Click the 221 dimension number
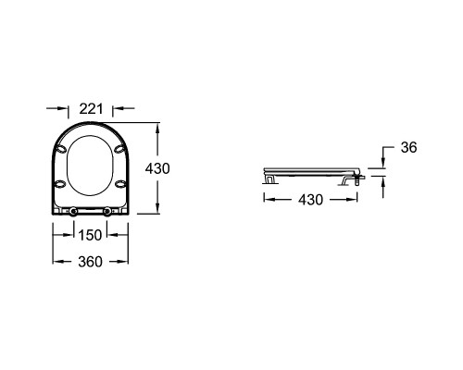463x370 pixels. [91, 108]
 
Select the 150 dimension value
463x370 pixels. [90, 235]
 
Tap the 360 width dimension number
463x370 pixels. [90, 262]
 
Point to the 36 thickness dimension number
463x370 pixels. [408, 147]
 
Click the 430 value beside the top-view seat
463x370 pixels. [157, 168]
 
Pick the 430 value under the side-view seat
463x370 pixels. [310, 200]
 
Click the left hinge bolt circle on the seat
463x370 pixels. [73, 211]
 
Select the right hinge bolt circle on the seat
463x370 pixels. [107, 211]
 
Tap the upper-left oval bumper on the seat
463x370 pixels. [60, 149]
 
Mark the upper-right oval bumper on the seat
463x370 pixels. [120, 149]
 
